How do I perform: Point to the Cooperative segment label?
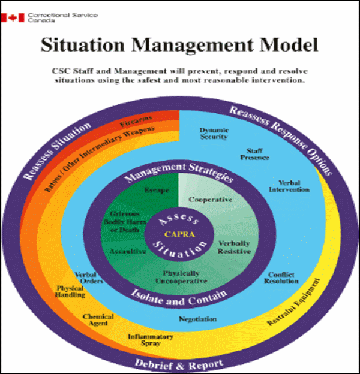click(x=210, y=199)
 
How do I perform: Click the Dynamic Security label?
click(x=214, y=132)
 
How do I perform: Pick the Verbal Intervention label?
click(x=293, y=186)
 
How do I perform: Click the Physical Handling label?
click(x=70, y=292)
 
